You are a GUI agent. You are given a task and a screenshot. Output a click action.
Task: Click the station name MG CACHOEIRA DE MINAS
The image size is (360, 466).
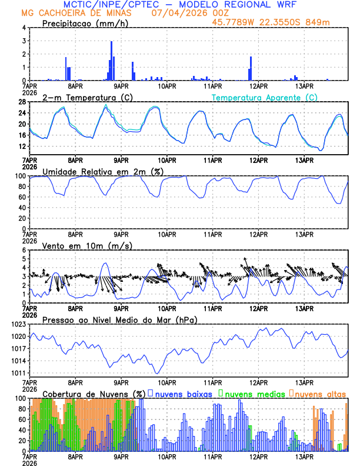click(76, 13)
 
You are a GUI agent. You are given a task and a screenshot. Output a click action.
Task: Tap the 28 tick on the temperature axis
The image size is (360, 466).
click(22, 102)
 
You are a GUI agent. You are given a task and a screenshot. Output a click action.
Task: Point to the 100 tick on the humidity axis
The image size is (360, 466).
click(20, 176)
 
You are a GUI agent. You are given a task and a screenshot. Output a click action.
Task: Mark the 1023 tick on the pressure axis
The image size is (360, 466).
click(18, 324)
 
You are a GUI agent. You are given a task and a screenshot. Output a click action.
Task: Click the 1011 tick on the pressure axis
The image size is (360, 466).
click(18, 373)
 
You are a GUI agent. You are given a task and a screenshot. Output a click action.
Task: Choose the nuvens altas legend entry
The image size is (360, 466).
click(320, 394)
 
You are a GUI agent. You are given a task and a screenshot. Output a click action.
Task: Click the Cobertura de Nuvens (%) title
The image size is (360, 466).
click(94, 394)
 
